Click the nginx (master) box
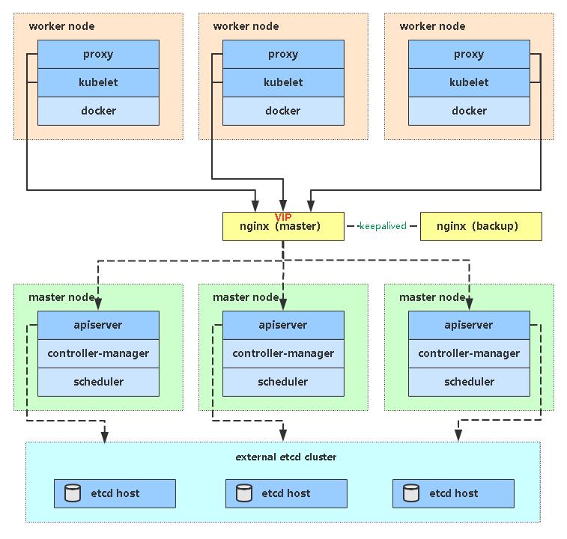282,226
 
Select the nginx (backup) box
480,226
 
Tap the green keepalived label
382,226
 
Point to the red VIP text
283,216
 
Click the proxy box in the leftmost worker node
98,54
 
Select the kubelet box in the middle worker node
283,82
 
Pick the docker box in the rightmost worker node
469,111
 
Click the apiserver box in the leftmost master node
98,325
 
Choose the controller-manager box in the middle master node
283,353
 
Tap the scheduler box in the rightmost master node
469,382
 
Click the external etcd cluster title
285,457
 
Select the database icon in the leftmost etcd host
73,493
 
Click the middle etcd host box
286,493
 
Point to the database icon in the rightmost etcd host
411,493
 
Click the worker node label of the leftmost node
61,26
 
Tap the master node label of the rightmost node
432,297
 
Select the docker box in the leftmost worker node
98,111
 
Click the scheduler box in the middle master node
283,382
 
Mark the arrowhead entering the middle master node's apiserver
283,304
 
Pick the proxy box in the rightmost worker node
469,54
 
